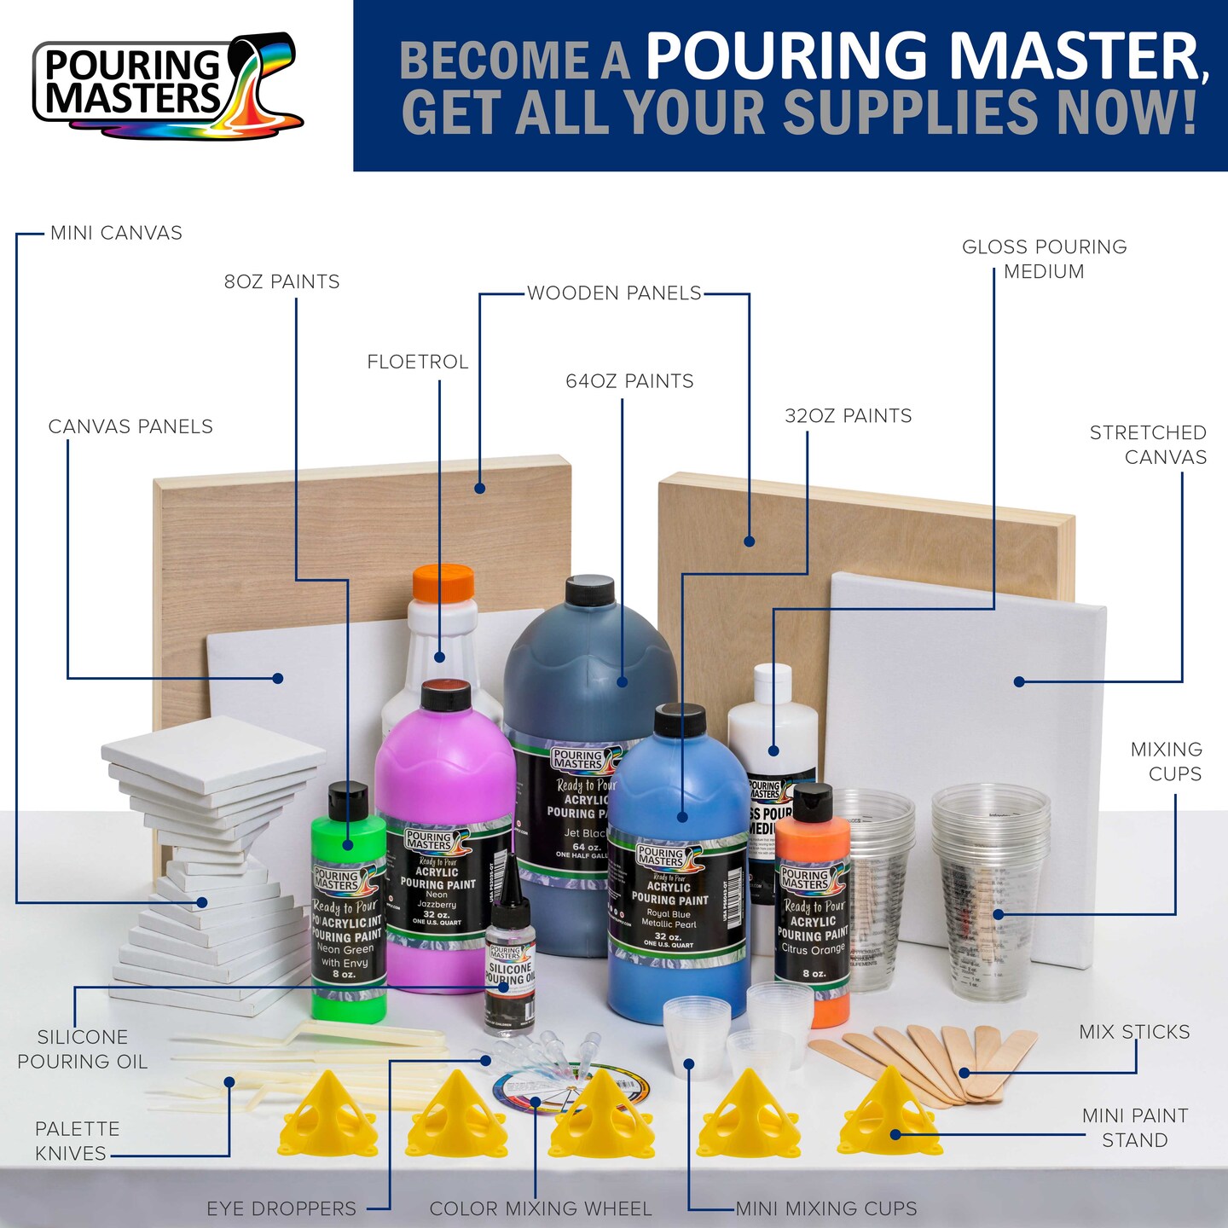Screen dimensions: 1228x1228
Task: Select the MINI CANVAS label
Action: [x=116, y=233]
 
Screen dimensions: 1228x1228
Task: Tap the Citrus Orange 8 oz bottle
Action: [x=813, y=912]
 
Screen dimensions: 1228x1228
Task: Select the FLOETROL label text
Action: [x=418, y=362]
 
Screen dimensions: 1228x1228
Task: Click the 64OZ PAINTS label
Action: [x=629, y=381]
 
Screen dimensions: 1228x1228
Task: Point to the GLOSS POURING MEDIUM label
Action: [x=1044, y=259]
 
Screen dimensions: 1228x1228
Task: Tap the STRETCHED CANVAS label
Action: [x=1148, y=444]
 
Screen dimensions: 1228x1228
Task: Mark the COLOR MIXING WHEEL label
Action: [x=541, y=1208]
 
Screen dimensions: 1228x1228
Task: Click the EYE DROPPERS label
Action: [x=281, y=1208]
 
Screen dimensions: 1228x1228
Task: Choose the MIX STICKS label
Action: [x=1134, y=1032]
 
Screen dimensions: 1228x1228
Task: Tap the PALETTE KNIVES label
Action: [x=75, y=1141]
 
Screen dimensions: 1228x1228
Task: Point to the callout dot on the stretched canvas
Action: [x=1019, y=681]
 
